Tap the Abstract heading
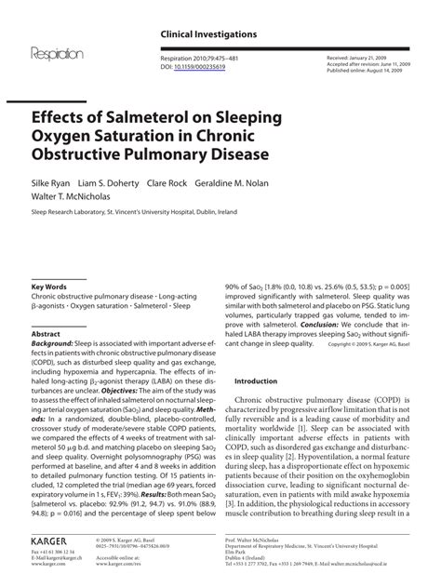coord(47,333)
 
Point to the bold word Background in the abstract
coord(54,344)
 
